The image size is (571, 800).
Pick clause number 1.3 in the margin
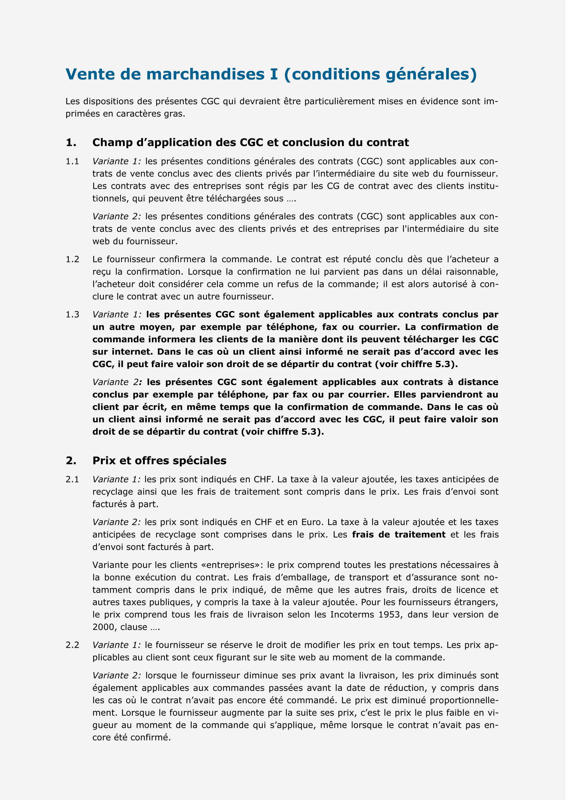72,315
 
